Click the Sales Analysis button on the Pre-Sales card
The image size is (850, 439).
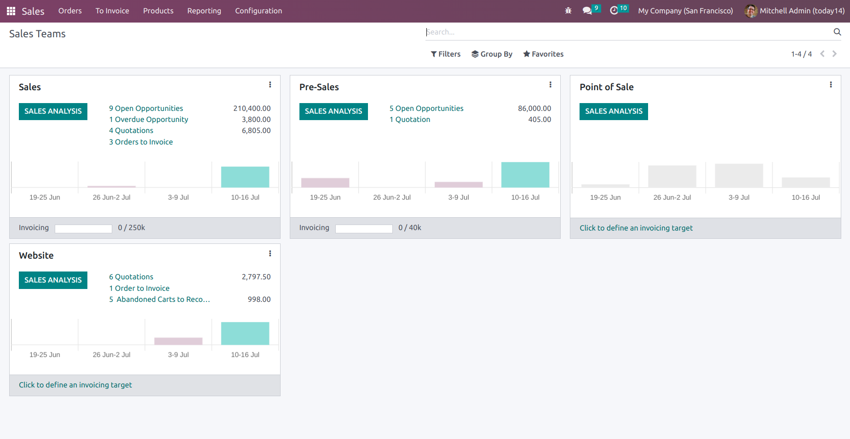pyautogui.click(x=333, y=111)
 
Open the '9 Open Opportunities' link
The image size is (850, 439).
pyautogui.click(x=146, y=108)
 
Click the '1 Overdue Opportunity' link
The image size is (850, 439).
pyautogui.click(x=149, y=119)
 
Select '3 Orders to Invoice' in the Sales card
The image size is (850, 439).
pyautogui.click(x=141, y=142)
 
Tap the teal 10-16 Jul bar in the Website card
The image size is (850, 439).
pyautogui.click(x=245, y=333)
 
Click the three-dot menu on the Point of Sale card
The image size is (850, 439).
pyautogui.click(x=831, y=85)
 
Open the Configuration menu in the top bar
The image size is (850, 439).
pyautogui.click(x=258, y=11)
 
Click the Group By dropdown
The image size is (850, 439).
pyautogui.click(x=492, y=54)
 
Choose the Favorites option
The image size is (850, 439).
pyautogui.click(x=543, y=54)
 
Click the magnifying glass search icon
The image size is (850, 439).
pyautogui.click(x=837, y=32)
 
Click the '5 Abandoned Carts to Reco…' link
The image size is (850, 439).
pyautogui.click(x=160, y=299)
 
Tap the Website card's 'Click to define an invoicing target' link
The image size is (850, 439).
pyautogui.click(x=75, y=385)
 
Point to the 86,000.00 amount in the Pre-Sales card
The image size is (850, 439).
pyautogui.click(x=534, y=108)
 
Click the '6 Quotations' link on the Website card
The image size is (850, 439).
pyautogui.click(x=131, y=277)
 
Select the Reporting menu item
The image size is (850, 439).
pyautogui.click(x=204, y=11)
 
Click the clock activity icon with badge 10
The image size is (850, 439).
pyautogui.click(x=614, y=10)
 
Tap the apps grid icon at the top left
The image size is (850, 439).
pyautogui.click(x=11, y=11)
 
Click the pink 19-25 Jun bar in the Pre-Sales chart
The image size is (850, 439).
pyautogui.click(x=325, y=182)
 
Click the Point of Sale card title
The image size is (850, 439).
pyautogui.click(x=606, y=87)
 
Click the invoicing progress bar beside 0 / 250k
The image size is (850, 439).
pyautogui.click(x=83, y=229)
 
